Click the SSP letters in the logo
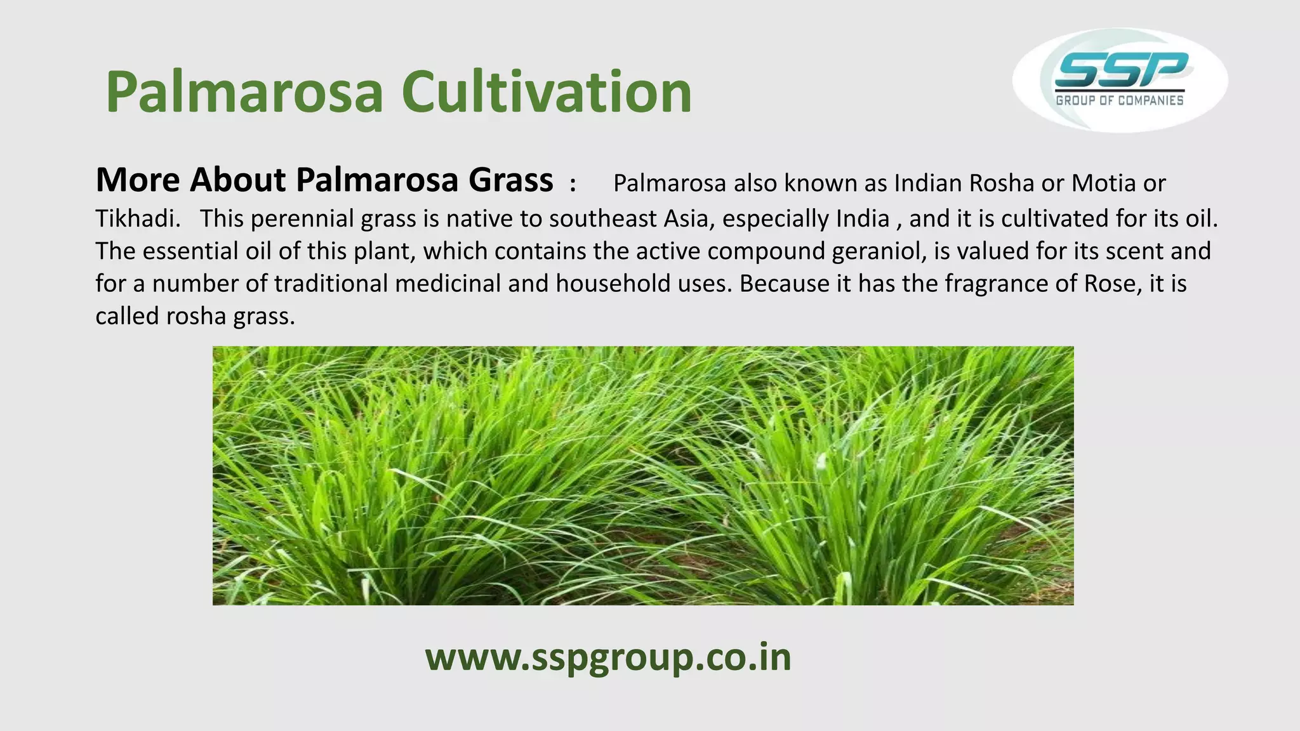(x=1120, y=70)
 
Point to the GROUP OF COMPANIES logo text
(x=1120, y=100)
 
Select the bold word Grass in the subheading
(x=510, y=180)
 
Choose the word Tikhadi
(x=134, y=218)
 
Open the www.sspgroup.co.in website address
(x=608, y=657)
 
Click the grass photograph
(x=642, y=475)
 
